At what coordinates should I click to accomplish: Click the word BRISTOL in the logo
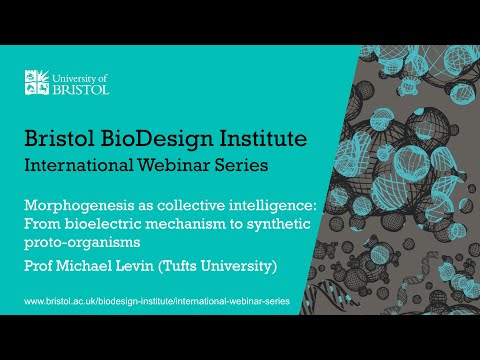tap(82, 88)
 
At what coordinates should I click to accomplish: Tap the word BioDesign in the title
tap(171, 137)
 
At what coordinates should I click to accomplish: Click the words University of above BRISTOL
tap(84, 75)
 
